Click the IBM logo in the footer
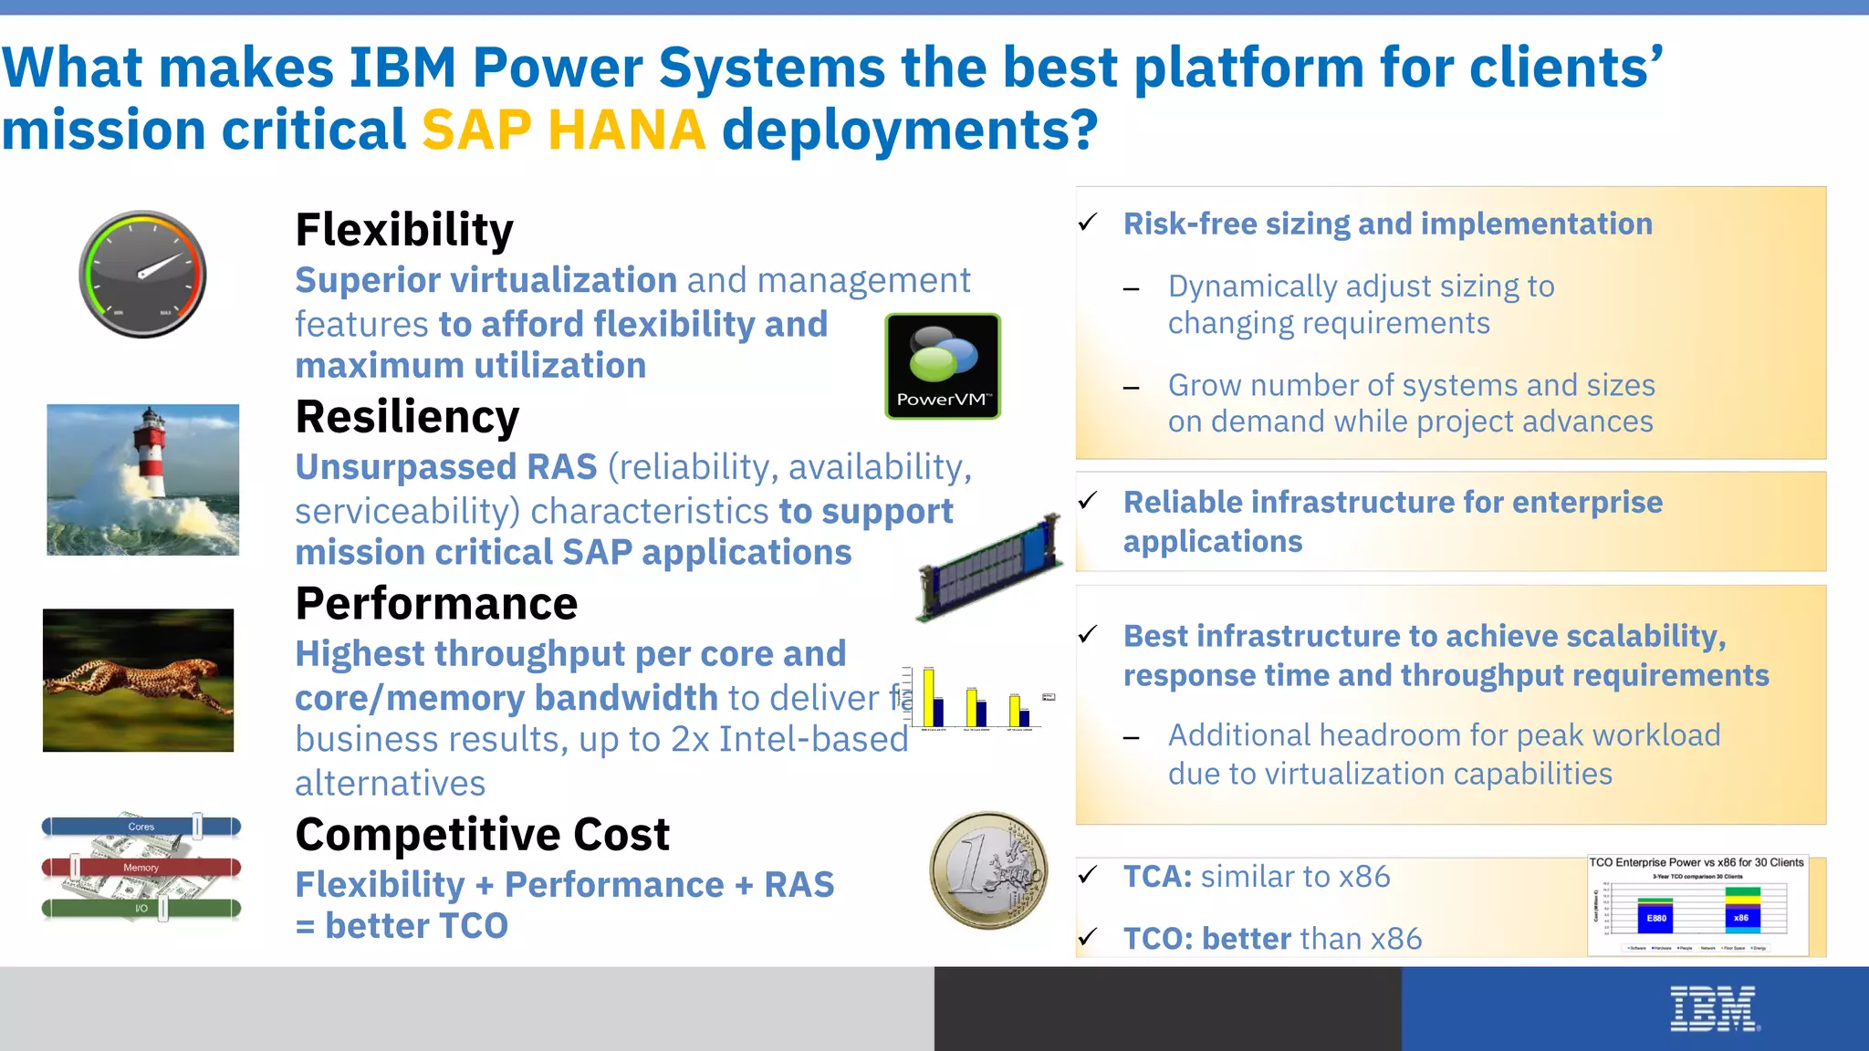1714,1009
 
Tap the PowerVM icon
943,366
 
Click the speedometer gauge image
142,275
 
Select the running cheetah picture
138,681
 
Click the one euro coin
989,870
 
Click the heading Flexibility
404,230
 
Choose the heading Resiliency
407,417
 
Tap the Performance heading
436,604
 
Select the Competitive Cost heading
482,835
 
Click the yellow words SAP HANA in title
563,130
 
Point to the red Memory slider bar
141,867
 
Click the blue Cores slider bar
141,827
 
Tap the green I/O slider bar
141,908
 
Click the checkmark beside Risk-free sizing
1088,223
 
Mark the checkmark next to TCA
1088,875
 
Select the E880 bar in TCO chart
1656,918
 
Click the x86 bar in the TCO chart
1741,917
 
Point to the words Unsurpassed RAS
445,467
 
